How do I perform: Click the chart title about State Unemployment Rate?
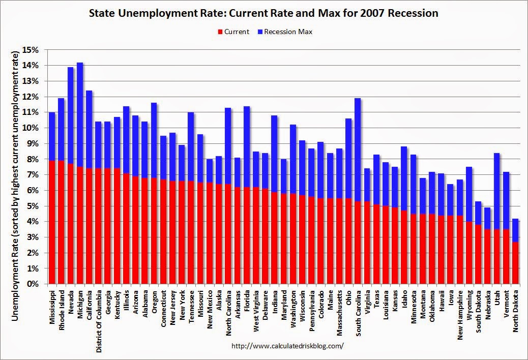pos(264,13)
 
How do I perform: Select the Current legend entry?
pos(233,32)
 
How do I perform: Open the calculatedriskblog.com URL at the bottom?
pos(287,346)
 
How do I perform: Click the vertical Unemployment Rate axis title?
pos(15,178)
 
